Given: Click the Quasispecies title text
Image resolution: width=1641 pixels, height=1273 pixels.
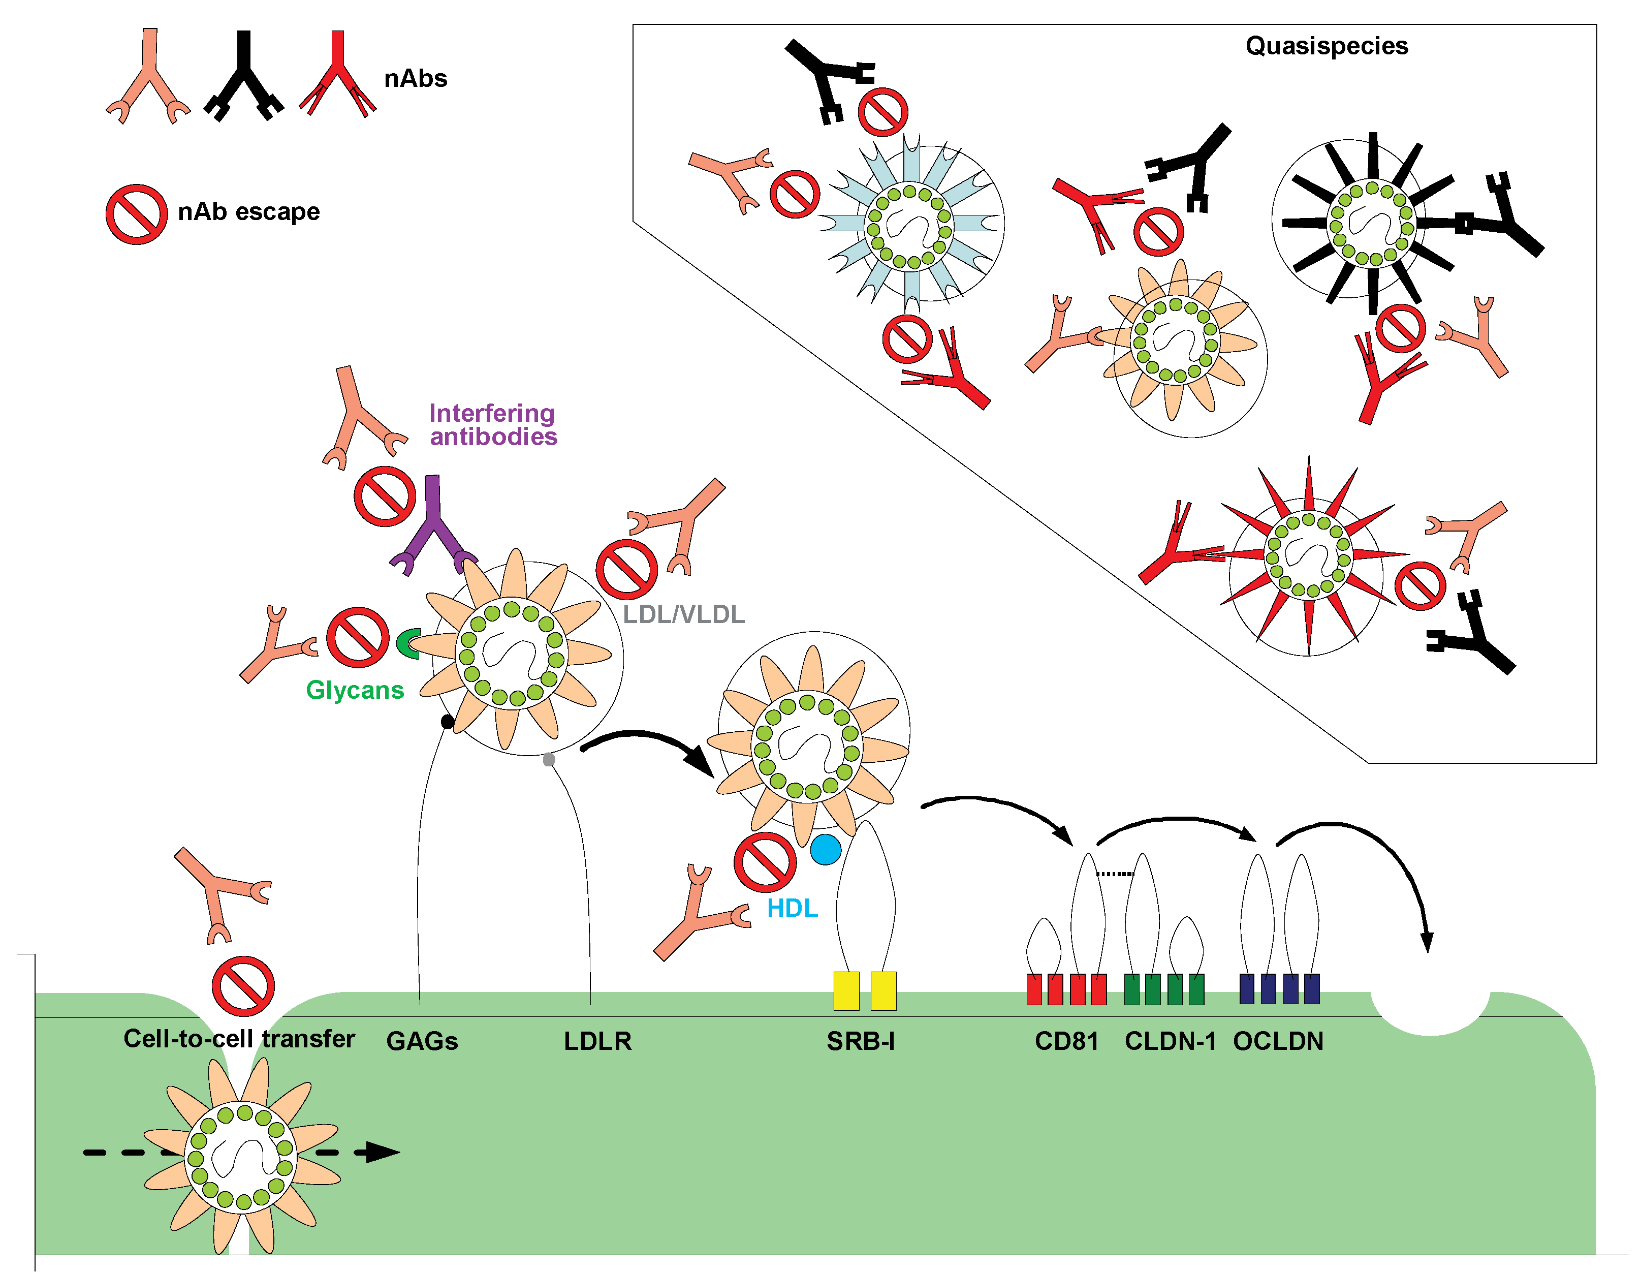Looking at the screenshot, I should pos(1326,46).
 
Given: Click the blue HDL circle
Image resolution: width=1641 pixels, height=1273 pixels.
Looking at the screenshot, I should pos(825,850).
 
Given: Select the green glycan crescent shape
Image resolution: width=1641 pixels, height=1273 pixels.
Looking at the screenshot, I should pos(408,643).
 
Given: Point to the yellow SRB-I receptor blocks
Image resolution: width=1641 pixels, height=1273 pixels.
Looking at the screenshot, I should pos(865,990).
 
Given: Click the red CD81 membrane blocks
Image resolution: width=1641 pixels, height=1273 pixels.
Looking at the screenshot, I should pos(1066,989).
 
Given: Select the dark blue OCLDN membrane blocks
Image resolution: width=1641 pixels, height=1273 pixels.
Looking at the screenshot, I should pos(1279,988).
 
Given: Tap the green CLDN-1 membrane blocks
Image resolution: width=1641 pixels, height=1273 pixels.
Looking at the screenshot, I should pos(1164,989).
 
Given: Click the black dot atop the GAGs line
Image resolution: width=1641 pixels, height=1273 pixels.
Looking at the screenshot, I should pos(447,722).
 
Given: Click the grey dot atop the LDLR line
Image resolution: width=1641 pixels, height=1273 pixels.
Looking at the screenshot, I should pos(549,760).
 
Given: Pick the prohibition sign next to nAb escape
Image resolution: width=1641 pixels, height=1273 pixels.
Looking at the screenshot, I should pos(136,214).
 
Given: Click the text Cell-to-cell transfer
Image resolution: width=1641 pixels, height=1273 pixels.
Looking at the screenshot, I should pos(239,1039).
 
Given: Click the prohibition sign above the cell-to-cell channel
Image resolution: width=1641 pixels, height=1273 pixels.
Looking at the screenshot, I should pos(243,986).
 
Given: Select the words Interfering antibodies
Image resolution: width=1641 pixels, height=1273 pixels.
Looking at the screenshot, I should pos(493,424).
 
